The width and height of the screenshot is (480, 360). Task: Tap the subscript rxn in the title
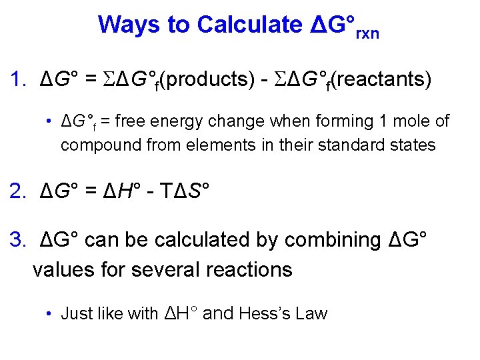click(x=367, y=33)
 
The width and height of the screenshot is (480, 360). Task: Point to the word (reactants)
click(x=381, y=81)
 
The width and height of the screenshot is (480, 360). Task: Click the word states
click(x=413, y=144)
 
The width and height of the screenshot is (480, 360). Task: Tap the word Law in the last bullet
click(x=312, y=313)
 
